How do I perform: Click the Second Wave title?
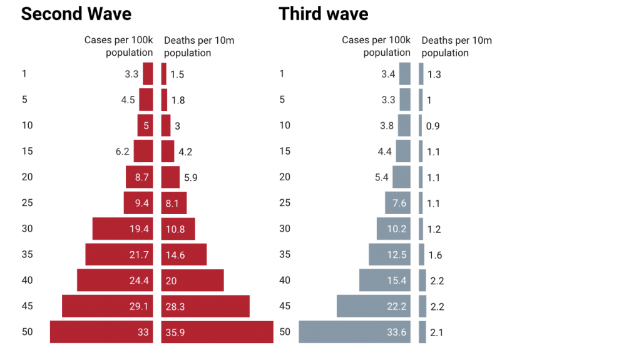76,14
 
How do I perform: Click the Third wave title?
323,14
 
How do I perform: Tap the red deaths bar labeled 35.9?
217,332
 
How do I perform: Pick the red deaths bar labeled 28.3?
205,306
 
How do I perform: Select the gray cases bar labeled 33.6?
354,332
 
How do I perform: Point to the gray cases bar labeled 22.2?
373,306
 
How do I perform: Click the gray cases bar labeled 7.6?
397,203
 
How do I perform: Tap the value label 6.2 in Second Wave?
122,152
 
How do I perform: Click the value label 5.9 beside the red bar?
192,177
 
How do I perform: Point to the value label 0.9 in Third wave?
433,126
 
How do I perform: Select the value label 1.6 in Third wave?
435,255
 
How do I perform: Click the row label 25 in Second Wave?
27,203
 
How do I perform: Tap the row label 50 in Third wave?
285,332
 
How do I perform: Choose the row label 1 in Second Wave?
24,74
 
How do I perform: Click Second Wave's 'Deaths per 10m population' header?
199,46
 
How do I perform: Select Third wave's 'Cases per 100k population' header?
376,46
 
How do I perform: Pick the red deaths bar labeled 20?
192,280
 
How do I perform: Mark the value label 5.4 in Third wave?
382,177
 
